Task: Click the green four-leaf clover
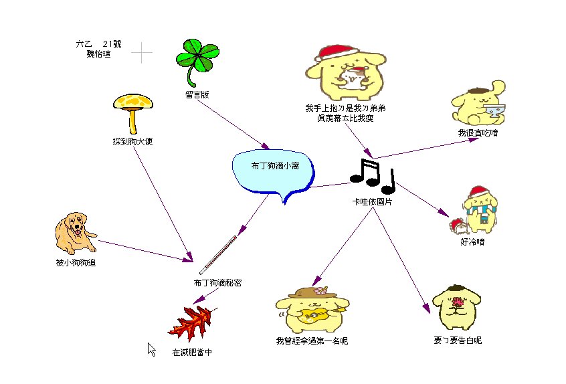coord(198,56)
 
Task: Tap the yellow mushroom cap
coord(133,102)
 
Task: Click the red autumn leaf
coord(193,324)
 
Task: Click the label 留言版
coord(197,95)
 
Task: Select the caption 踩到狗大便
coord(133,142)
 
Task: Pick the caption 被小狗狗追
coord(76,263)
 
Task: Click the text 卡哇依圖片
coord(373,201)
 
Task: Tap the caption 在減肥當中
coord(192,353)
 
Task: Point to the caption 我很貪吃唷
coord(478,133)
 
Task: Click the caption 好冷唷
coord(472,242)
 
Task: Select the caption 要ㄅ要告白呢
coord(458,341)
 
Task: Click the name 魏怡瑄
coord(98,54)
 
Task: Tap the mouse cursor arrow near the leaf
coord(151,349)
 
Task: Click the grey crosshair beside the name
coord(141,52)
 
